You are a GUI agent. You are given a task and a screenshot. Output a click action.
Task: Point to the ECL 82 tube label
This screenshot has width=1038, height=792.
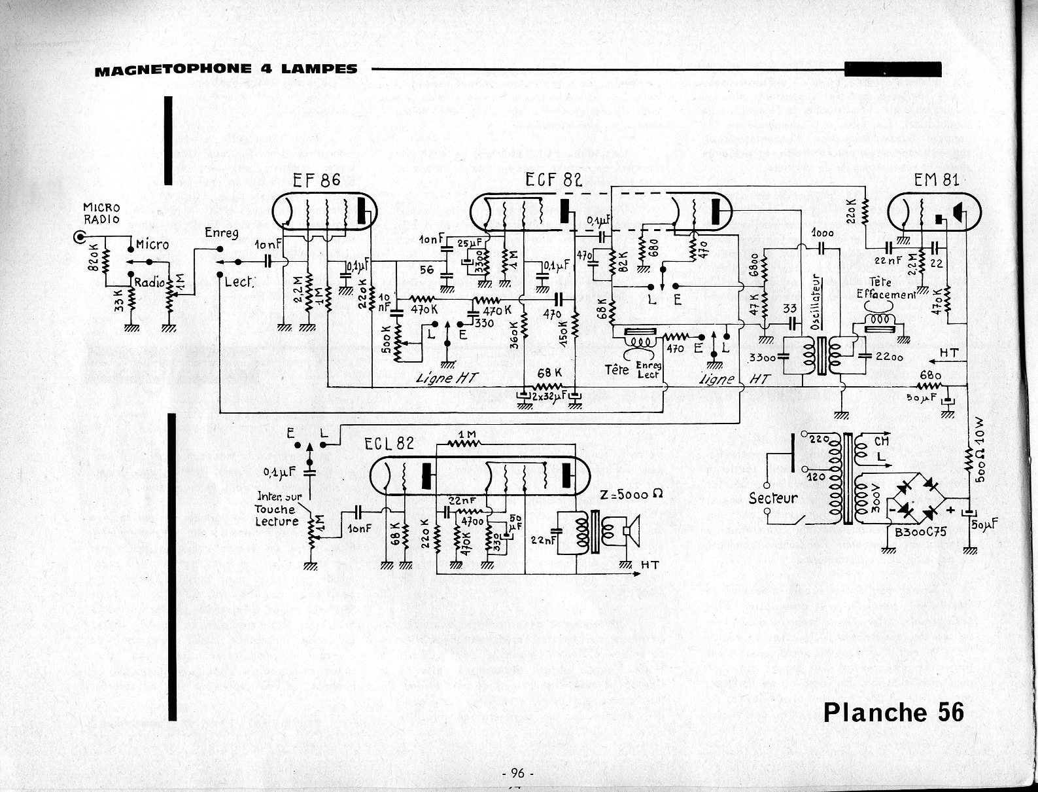pos(389,443)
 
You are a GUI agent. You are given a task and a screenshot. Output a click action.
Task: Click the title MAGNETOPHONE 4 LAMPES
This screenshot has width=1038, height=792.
pos(226,69)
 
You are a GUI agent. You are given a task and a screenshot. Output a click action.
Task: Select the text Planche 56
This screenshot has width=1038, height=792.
pos(893,712)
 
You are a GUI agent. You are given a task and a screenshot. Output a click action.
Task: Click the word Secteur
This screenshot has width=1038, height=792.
pos(773,498)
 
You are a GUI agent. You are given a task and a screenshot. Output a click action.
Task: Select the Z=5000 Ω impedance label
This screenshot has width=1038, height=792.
pos(631,495)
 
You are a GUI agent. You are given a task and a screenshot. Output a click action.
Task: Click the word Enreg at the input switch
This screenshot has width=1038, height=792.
pos(221,233)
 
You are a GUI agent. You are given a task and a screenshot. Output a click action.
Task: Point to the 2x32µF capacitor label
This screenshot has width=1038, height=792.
pos(548,397)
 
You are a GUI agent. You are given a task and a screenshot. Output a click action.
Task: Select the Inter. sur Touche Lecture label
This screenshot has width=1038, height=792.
pos(277,509)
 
